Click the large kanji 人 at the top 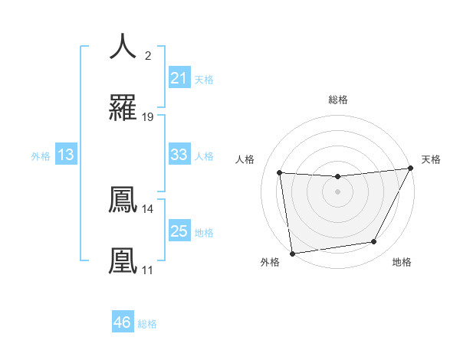tap(123, 46)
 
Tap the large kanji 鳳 tap(123, 200)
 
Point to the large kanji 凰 tap(123, 260)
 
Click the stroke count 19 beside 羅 tap(148, 117)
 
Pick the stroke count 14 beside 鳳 tap(148, 208)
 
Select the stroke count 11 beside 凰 tap(148, 270)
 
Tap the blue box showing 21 tap(179, 78)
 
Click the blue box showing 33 tap(179, 155)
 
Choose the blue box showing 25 tap(179, 231)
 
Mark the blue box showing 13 tap(66, 155)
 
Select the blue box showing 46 tap(123, 322)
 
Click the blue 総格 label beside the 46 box tap(147, 324)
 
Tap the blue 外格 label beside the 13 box tap(41, 156)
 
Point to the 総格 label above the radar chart tap(337, 100)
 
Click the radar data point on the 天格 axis tap(410, 169)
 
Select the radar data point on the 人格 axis tap(280, 173)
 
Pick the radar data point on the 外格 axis tap(292, 253)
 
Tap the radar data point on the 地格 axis tap(374, 242)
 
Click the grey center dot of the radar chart tap(337, 191)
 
